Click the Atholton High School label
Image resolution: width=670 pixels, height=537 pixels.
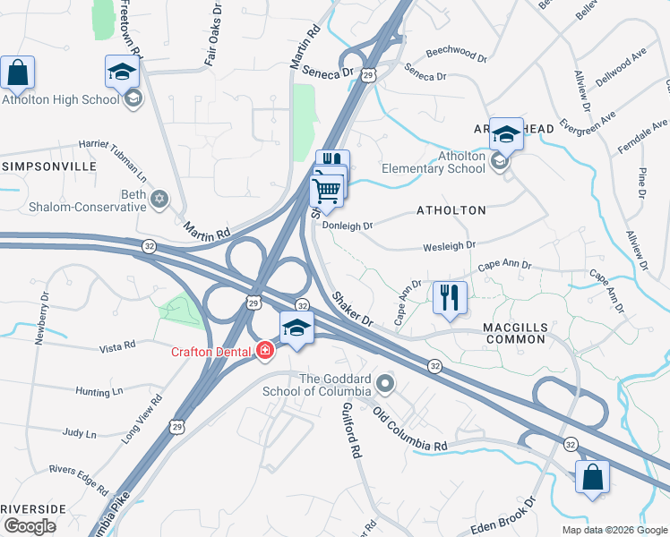(x=60, y=99)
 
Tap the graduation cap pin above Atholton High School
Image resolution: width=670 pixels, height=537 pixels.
(x=122, y=72)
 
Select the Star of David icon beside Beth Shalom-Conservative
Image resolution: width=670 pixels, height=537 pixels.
(x=159, y=199)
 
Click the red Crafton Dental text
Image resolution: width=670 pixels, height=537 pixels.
(x=212, y=351)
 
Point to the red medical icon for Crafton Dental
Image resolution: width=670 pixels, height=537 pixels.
(x=264, y=351)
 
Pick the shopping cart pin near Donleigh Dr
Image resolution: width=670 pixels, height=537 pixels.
(x=326, y=190)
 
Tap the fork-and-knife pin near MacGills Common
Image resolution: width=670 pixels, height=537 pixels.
(x=450, y=297)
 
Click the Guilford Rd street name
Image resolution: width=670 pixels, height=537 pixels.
(x=350, y=430)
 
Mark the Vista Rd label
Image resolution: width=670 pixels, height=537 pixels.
(x=116, y=345)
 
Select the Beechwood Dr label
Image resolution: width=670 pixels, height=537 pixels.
(x=456, y=55)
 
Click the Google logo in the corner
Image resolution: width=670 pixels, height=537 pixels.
(x=29, y=526)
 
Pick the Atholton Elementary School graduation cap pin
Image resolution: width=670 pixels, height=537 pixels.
(x=506, y=135)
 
